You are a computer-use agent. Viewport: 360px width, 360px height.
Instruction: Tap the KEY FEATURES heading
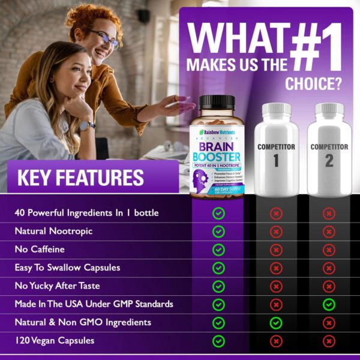click(80, 178)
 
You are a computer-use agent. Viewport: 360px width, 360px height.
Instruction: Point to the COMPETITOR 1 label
click(276, 152)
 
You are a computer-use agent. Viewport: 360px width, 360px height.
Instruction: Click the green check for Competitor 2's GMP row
click(329, 304)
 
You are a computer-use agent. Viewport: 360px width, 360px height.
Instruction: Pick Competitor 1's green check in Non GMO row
click(276, 323)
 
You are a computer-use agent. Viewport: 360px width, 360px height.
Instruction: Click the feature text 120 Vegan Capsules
click(55, 341)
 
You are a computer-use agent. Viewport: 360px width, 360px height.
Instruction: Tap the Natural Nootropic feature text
click(54, 231)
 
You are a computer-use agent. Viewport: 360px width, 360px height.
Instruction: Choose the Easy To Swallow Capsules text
click(67, 268)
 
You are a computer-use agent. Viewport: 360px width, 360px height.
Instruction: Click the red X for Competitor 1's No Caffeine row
click(276, 250)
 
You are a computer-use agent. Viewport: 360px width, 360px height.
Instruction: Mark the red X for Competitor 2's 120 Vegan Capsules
click(329, 341)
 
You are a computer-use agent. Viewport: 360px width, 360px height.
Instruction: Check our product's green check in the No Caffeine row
click(218, 250)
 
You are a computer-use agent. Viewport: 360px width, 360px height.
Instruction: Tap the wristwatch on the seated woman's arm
click(85, 126)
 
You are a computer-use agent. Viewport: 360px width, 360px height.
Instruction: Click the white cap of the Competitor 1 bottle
click(275, 110)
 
